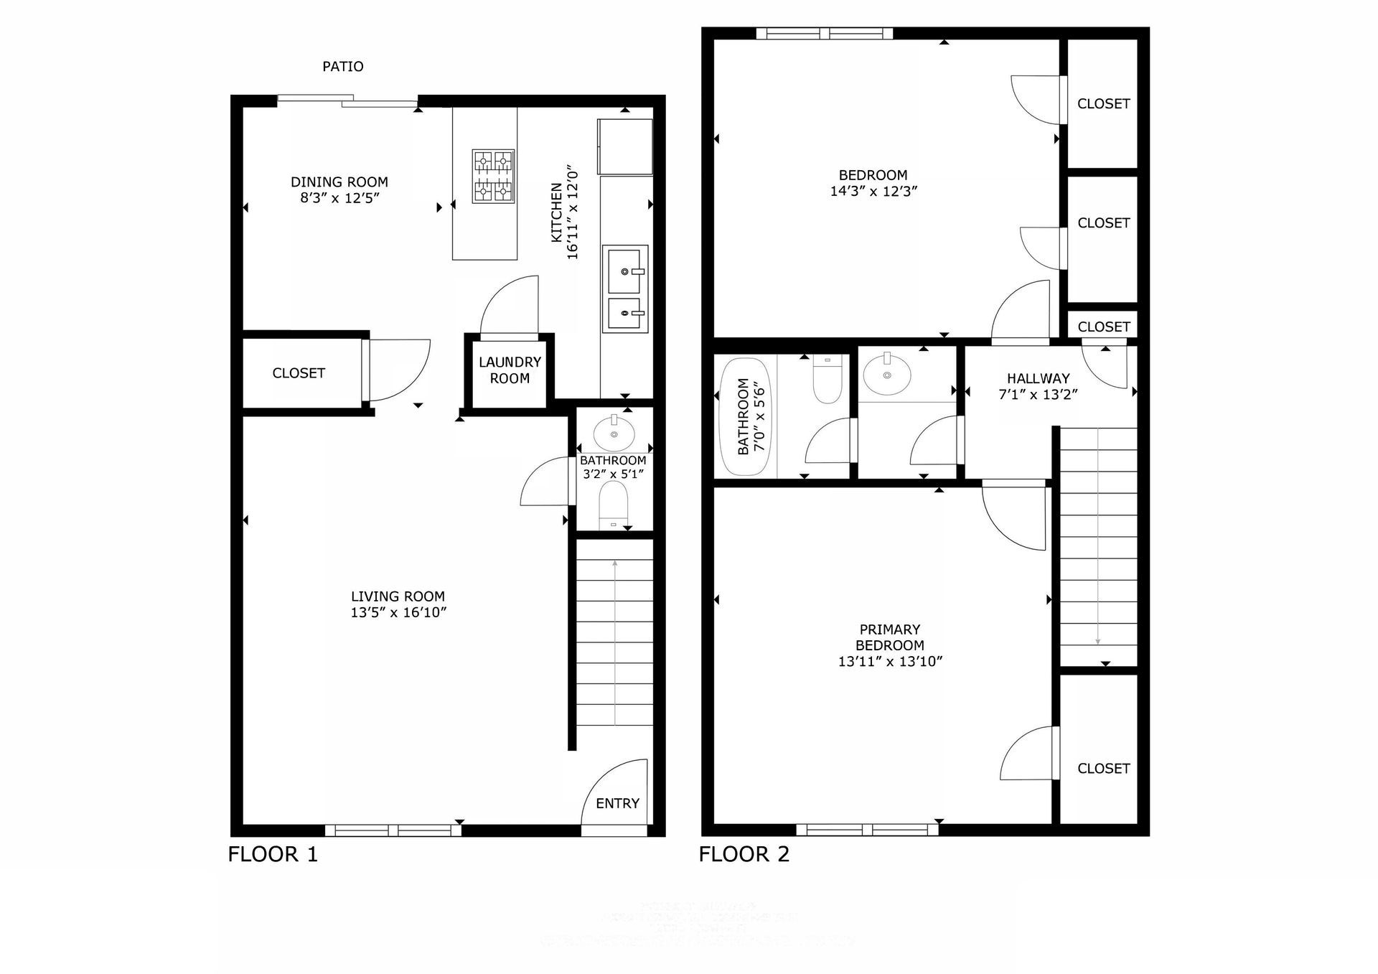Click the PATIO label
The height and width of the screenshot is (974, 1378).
point(342,67)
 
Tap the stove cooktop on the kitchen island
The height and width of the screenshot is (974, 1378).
point(493,176)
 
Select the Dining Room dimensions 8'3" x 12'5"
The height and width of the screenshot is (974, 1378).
point(339,198)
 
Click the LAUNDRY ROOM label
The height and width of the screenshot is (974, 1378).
point(510,370)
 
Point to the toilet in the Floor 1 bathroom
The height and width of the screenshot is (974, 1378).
point(613,504)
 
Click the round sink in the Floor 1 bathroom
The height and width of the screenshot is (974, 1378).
point(614,433)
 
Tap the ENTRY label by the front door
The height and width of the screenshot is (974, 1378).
point(617,804)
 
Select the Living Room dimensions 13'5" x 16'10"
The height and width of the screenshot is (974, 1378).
point(398,612)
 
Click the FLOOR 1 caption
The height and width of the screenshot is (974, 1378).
point(273,854)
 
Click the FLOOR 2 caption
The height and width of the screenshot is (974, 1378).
point(744,854)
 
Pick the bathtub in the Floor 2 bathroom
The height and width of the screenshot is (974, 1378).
point(745,417)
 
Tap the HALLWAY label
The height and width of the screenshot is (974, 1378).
point(1038,378)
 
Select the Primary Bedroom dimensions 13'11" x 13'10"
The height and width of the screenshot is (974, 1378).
point(890,662)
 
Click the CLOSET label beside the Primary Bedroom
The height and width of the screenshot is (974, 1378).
point(1103,769)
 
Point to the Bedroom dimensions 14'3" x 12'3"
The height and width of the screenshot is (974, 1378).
point(873,192)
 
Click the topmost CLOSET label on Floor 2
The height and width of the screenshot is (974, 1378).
point(1103,104)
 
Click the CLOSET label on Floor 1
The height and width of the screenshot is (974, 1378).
point(299,373)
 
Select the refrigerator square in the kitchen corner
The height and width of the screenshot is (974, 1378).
point(624,146)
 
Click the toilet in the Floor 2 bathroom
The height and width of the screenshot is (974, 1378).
point(827,381)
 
